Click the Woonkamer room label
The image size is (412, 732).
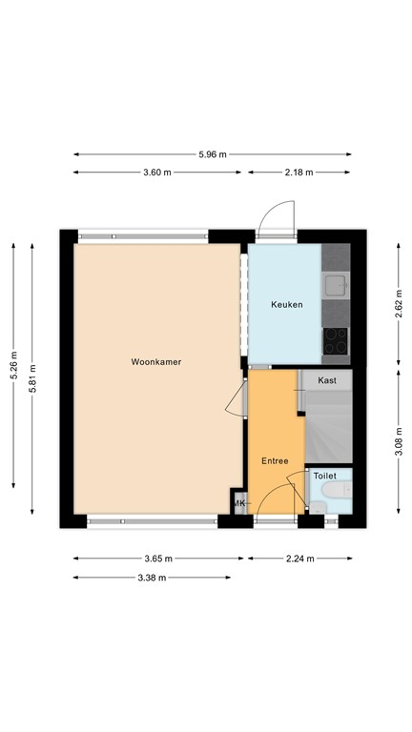pos(156,362)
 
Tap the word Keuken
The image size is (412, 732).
pos(287,305)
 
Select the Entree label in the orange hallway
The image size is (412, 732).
pos(276,460)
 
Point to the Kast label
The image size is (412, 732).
pos(327,380)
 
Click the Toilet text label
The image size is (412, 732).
pos(326,475)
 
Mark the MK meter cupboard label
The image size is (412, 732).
pos(238,503)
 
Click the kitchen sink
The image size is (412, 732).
pos(336,284)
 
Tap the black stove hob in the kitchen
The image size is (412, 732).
pos(336,339)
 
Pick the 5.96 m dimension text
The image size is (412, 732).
pos(212,153)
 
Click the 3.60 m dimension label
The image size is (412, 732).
pos(156,173)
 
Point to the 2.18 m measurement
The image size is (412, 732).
pos(299,173)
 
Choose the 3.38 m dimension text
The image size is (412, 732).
pos(153,578)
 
